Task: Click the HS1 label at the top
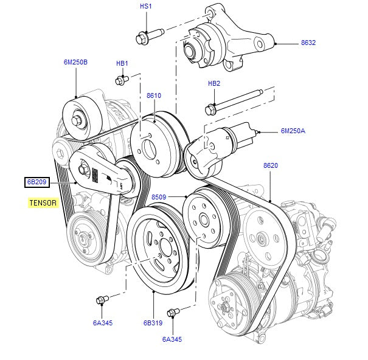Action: (x=145, y=6)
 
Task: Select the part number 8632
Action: (x=308, y=43)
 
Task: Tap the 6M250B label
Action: (x=75, y=61)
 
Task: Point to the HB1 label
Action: (x=122, y=63)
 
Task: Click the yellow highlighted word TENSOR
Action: (x=43, y=202)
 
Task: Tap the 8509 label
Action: (x=159, y=197)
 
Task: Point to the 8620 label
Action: (x=271, y=165)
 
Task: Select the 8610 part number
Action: (x=154, y=95)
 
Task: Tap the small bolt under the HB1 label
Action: (x=120, y=80)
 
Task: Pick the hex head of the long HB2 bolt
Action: (x=211, y=111)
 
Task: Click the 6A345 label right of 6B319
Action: (x=172, y=339)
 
